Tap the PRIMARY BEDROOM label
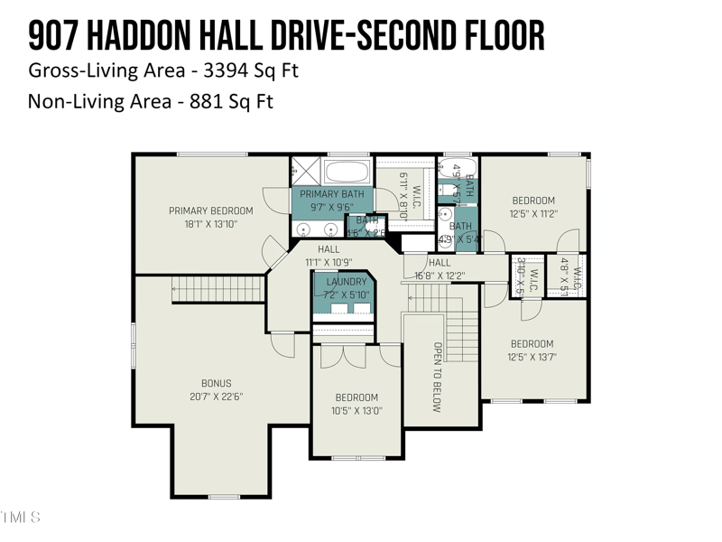[211, 210]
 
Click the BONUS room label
[216, 384]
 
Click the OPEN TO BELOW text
[437, 377]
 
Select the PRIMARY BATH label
[332, 194]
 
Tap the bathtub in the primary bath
[347, 172]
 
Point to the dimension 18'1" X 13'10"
[211, 224]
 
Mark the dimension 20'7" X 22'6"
[216, 397]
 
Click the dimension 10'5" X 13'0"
[357, 410]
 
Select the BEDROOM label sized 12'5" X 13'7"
[532, 343]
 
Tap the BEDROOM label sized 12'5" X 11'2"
[533, 201]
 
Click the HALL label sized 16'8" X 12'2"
[440, 263]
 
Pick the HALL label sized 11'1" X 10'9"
[329, 249]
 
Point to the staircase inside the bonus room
[217, 290]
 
